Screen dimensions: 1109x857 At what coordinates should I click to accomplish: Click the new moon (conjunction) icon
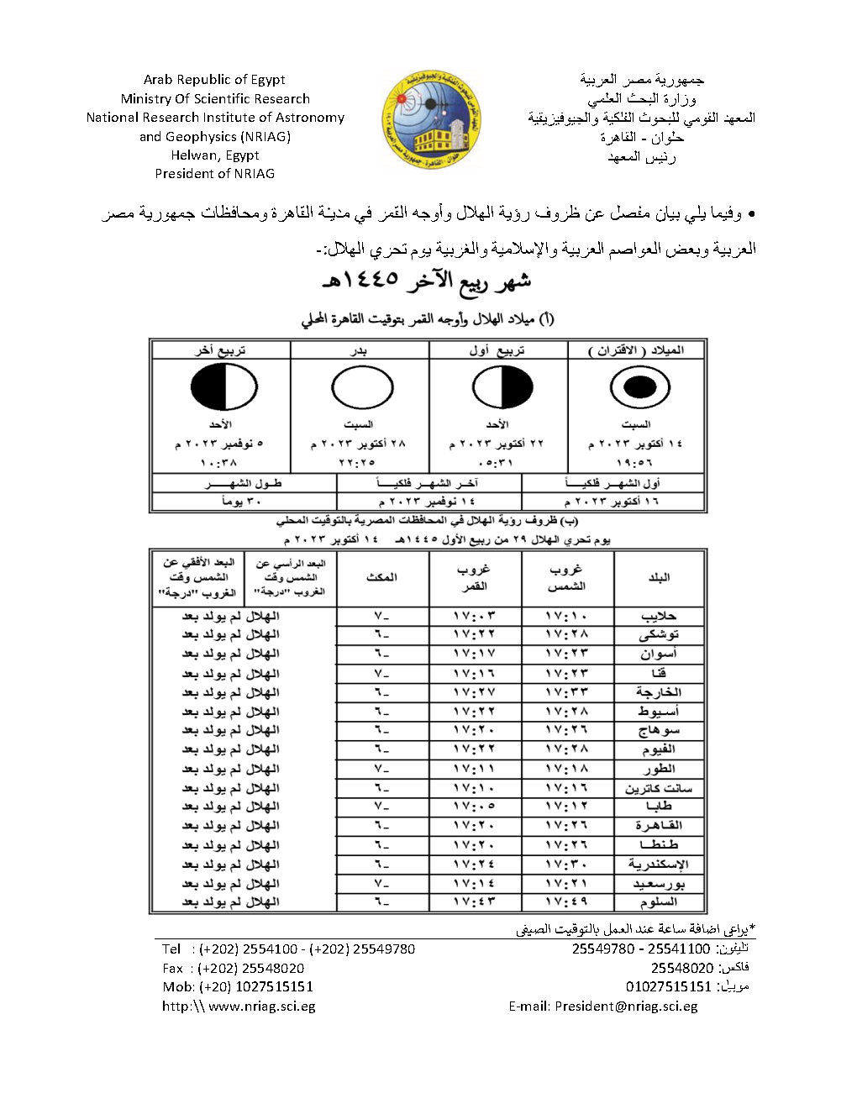[638, 387]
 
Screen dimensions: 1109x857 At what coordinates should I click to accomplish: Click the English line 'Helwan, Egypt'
[215, 155]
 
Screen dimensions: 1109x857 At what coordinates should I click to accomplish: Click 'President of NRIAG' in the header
[215, 174]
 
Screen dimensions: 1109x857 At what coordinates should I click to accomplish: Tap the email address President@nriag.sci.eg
[626, 1006]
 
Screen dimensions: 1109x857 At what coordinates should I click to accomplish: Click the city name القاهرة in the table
[660, 826]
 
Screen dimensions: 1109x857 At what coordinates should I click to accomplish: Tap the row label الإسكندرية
[659, 865]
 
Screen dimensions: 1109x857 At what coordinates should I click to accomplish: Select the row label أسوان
[659, 654]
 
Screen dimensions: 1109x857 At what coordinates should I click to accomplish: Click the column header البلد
[660, 578]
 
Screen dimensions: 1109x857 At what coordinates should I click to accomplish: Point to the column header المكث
[382, 578]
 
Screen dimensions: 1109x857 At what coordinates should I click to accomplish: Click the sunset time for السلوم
[567, 902]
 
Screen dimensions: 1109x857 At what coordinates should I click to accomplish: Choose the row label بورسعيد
[659, 884]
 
